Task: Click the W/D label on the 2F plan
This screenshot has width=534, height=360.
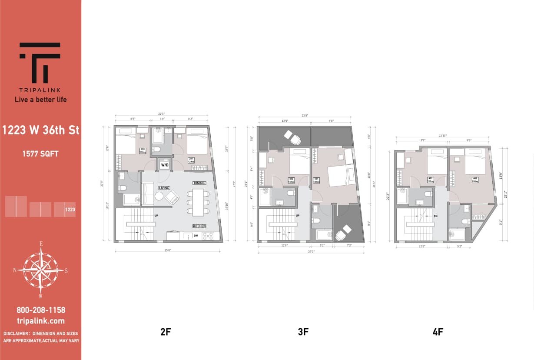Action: [165, 165]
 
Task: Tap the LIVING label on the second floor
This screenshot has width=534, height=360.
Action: [164, 188]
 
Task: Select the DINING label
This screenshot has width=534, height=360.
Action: [199, 183]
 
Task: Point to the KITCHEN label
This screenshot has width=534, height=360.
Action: [199, 226]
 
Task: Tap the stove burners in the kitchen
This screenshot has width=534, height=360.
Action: [208, 236]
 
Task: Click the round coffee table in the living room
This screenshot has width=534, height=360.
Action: [159, 196]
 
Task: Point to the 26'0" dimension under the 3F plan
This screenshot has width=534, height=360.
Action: [311, 251]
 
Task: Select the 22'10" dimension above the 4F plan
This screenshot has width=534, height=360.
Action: [443, 136]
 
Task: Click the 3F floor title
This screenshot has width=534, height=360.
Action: [303, 332]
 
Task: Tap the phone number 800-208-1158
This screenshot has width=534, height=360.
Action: [41, 310]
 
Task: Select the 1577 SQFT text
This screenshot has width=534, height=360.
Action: [41, 153]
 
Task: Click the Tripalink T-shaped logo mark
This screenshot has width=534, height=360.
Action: [40, 63]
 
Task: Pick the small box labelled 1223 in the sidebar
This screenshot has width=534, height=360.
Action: [70, 210]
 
